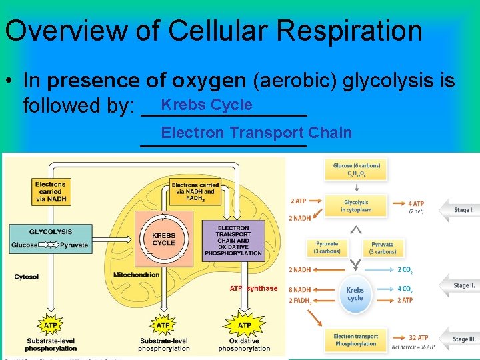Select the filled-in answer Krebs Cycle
coord(207,105)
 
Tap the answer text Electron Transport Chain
coord(256,132)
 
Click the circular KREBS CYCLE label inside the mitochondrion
coord(163,239)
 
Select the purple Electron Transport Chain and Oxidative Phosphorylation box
coord(233,240)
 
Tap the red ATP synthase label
coord(253,288)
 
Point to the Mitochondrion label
coord(136,274)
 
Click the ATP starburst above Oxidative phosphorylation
coord(244,325)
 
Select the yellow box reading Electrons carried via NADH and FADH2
coord(194,191)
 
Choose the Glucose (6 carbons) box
coord(356,169)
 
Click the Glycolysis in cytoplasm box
coord(356,206)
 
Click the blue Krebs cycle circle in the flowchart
coord(355,294)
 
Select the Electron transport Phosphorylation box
coord(355,340)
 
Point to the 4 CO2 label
coord(404,289)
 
